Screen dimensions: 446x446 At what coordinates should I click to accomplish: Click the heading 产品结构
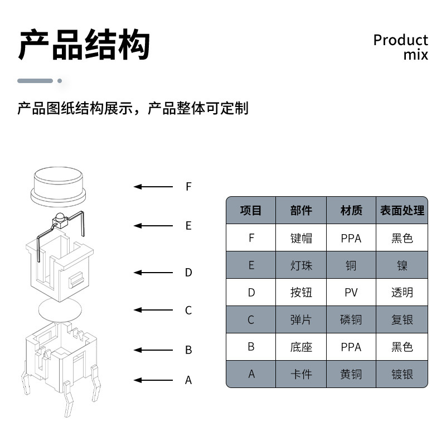[84, 45]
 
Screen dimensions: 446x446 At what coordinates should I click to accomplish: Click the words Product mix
[400, 47]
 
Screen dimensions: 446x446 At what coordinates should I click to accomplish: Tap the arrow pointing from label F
[153, 187]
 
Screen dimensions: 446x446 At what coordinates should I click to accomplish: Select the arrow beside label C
[153, 310]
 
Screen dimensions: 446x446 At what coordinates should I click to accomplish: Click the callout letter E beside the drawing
[188, 226]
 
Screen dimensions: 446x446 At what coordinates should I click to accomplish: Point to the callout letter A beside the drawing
[188, 380]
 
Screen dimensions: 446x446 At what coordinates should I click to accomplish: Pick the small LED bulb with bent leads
[58, 221]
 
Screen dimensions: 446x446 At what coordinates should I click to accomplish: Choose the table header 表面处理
[402, 211]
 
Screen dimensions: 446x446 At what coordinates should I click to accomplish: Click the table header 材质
[351, 211]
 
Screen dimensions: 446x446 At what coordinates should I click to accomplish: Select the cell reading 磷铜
[351, 319]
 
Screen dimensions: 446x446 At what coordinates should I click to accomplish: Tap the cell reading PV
[351, 293]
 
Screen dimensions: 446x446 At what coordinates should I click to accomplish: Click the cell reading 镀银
[402, 374]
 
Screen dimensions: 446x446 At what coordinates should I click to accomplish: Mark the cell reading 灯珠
[301, 265]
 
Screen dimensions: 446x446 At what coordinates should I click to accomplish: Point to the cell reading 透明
[402, 293]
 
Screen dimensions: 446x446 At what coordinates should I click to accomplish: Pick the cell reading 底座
[301, 347]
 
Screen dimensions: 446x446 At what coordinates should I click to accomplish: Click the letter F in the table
[251, 238]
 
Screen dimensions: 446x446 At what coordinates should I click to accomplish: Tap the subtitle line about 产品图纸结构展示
[133, 108]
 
